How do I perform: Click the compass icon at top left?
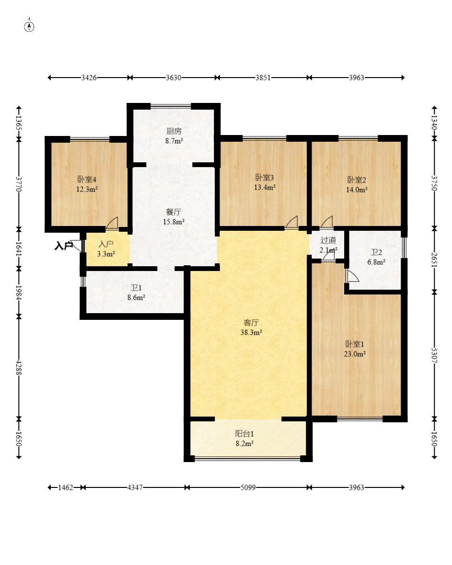point(29,26)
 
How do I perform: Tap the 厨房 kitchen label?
point(174,131)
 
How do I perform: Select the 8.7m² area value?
point(174,141)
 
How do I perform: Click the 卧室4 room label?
point(87,180)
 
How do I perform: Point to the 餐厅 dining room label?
point(174,212)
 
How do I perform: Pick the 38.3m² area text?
point(251,332)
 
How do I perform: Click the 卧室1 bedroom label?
point(355,344)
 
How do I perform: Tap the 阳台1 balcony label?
point(244,434)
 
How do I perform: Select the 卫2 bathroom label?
point(376,252)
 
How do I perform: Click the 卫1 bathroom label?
point(136,288)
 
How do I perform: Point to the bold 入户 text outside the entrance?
point(63,246)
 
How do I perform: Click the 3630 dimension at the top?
point(174,78)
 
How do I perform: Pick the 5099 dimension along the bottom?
point(248,487)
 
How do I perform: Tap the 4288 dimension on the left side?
point(19,368)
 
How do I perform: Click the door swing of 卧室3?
point(292,222)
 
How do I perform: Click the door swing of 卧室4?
point(112,223)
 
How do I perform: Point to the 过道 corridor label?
point(328,240)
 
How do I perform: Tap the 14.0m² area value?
point(357,190)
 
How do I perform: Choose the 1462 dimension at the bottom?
point(66,487)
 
